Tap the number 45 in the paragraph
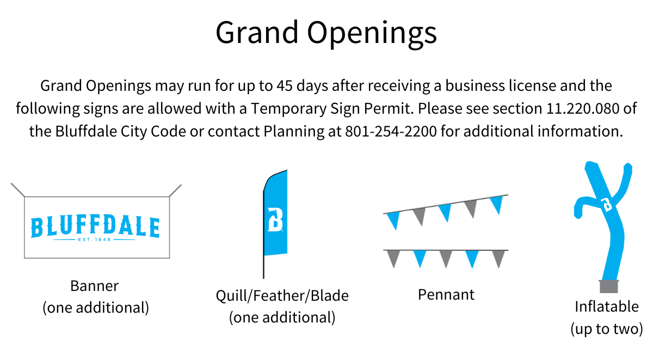[x=285, y=86]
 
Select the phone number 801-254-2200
[x=391, y=132]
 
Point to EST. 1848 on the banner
[x=95, y=239]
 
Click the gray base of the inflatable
[x=608, y=287]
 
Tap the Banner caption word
[x=95, y=285]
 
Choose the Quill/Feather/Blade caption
[x=282, y=296]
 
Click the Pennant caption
[x=446, y=295]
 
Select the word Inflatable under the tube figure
[x=607, y=306]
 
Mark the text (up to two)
[x=607, y=328]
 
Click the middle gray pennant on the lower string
[x=446, y=259]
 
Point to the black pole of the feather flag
[x=264, y=266]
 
